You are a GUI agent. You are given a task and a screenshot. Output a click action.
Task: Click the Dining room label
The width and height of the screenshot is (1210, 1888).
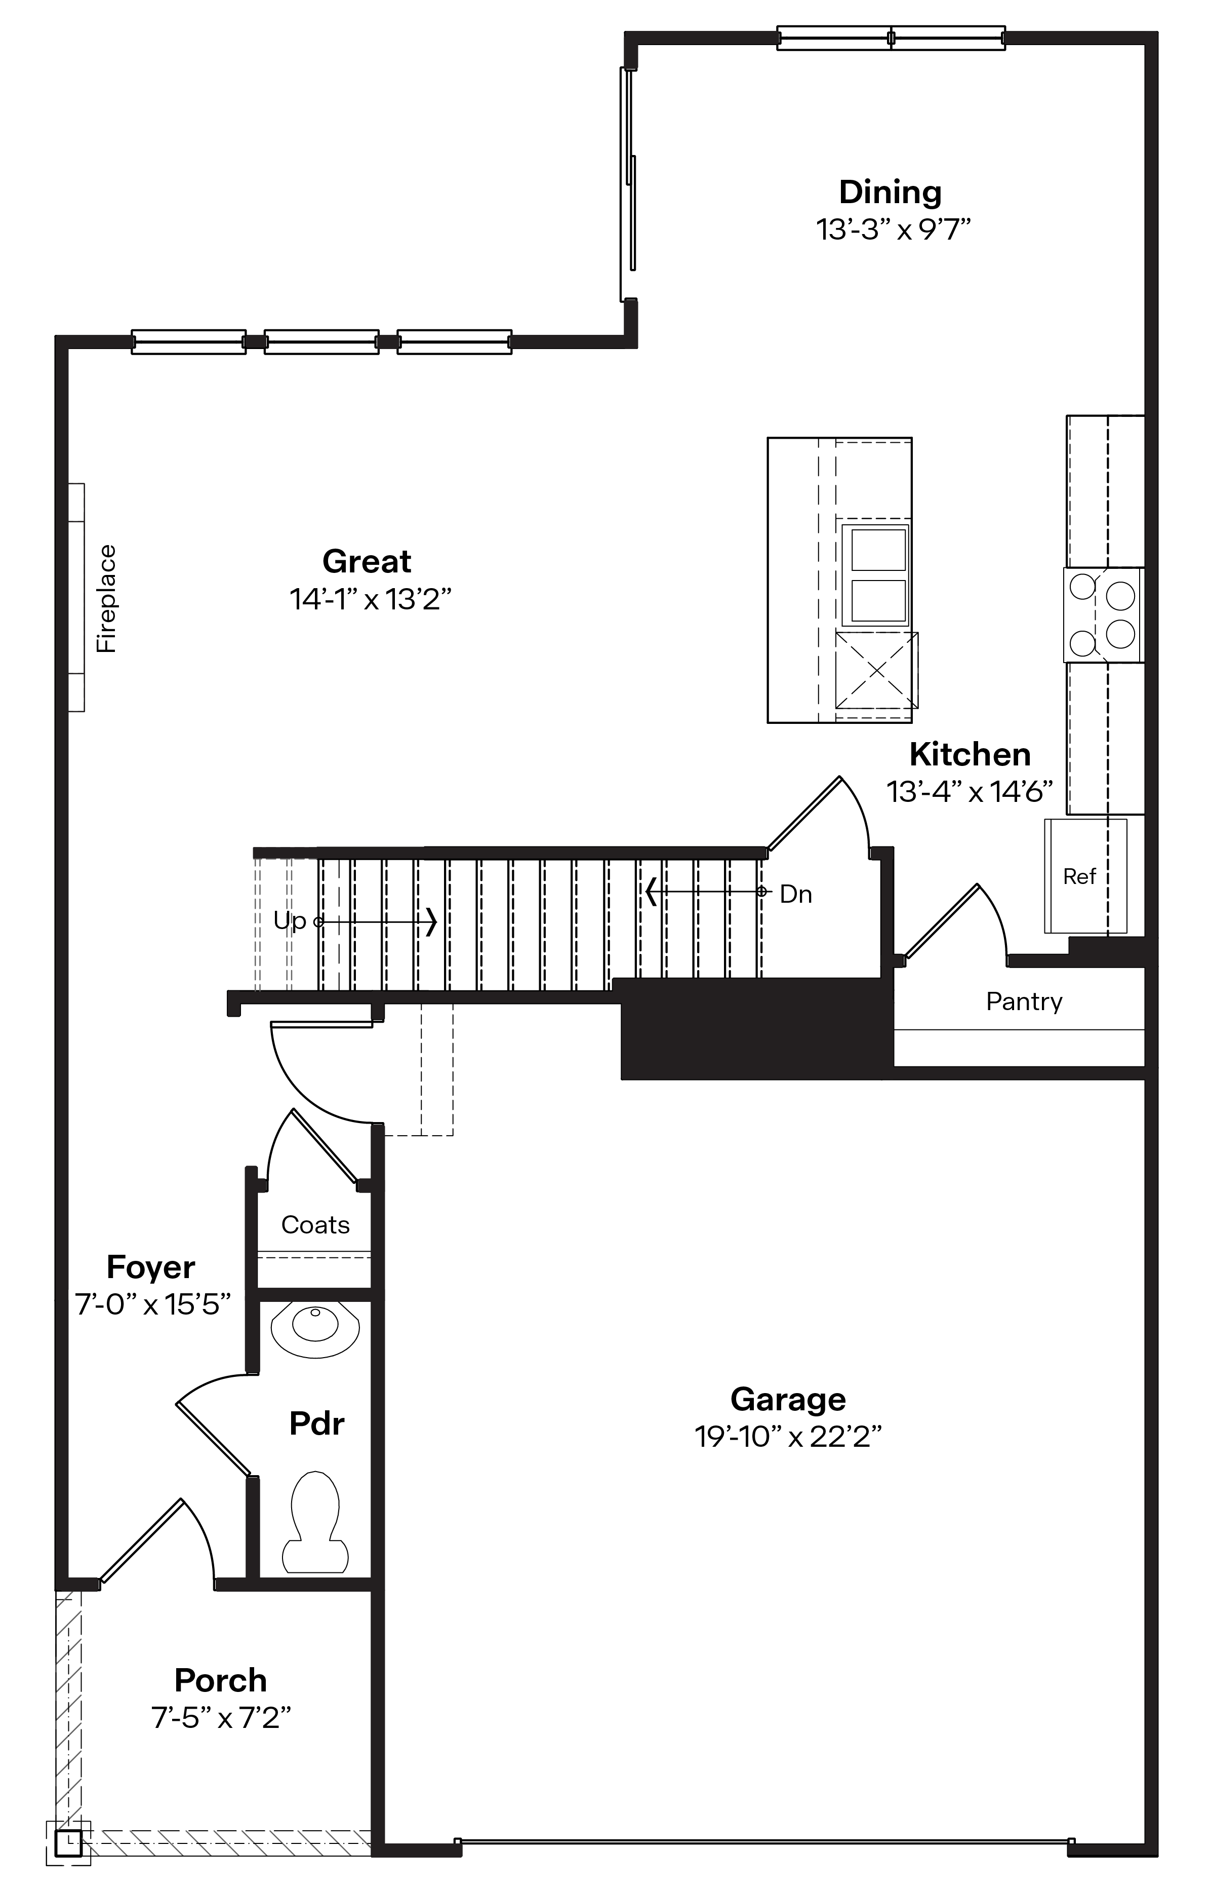pyautogui.click(x=890, y=192)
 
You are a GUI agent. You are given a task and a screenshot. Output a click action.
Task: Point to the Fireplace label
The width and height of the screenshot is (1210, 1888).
pyautogui.click(x=106, y=598)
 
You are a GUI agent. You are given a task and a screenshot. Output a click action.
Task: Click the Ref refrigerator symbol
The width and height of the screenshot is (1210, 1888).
pyautogui.click(x=1084, y=876)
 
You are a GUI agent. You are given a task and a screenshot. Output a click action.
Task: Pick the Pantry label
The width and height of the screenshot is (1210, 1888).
pyautogui.click(x=1024, y=1001)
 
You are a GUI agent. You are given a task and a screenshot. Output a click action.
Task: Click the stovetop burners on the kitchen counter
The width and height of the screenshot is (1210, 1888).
pyautogui.click(x=1104, y=614)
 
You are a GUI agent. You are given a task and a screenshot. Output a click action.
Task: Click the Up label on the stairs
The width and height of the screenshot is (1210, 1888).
pyautogui.click(x=289, y=920)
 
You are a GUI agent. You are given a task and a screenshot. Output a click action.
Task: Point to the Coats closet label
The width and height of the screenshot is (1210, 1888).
pyautogui.click(x=315, y=1224)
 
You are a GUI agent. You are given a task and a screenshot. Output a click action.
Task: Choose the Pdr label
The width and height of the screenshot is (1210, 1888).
pyautogui.click(x=316, y=1423)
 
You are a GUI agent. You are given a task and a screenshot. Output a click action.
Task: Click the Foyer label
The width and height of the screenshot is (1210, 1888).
pyautogui.click(x=151, y=1267)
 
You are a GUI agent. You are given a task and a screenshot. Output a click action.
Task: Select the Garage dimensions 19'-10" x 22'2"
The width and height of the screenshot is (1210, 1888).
pyautogui.click(x=788, y=1437)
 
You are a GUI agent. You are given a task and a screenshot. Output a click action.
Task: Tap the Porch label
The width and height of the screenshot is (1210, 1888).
pyautogui.click(x=221, y=1680)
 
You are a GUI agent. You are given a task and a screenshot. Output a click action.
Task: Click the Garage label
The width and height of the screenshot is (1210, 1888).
pyautogui.click(x=788, y=1399)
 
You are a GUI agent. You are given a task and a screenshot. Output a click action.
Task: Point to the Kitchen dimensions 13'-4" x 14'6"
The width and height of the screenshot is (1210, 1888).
pyautogui.click(x=970, y=791)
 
